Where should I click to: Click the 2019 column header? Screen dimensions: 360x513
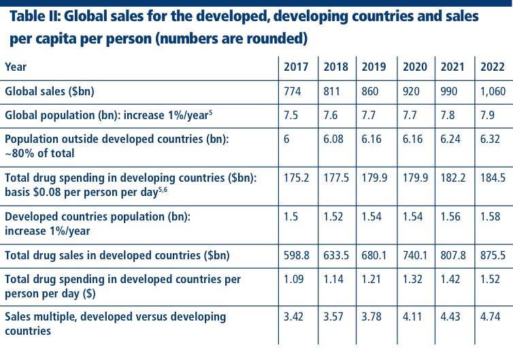(x=374, y=67)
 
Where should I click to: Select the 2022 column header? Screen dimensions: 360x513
(x=492, y=67)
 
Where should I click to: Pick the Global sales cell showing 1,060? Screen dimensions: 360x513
(x=493, y=91)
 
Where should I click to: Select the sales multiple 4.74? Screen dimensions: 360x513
(x=491, y=317)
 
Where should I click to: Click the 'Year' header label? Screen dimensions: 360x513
(x=16, y=67)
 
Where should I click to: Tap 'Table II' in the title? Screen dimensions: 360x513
(x=36, y=16)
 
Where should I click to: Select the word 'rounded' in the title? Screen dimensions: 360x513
(x=269, y=39)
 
